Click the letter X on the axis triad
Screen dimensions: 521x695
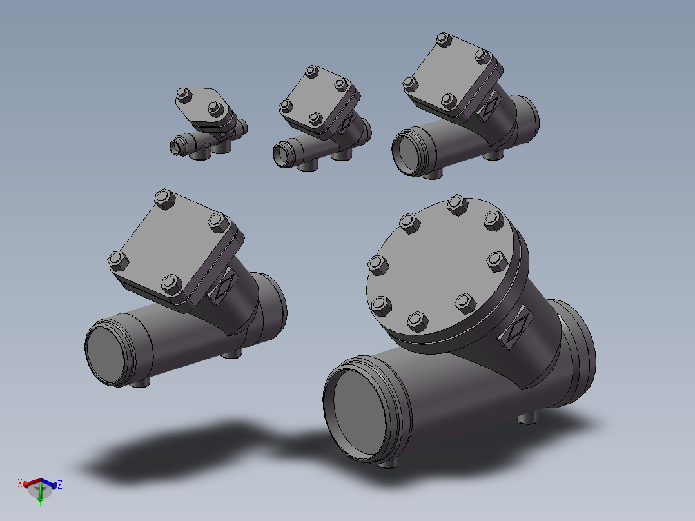(x=20, y=482)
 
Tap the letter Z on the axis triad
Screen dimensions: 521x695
(x=60, y=484)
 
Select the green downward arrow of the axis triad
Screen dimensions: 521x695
(x=41, y=496)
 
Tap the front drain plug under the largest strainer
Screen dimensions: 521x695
(x=387, y=462)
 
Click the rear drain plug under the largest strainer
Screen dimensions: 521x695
(x=528, y=418)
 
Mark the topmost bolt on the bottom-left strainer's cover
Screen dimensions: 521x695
(x=164, y=199)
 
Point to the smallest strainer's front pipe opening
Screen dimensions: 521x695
(x=177, y=148)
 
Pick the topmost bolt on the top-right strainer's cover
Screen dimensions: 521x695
(x=442, y=39)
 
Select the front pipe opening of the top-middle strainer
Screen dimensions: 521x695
(x=283, y=155)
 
